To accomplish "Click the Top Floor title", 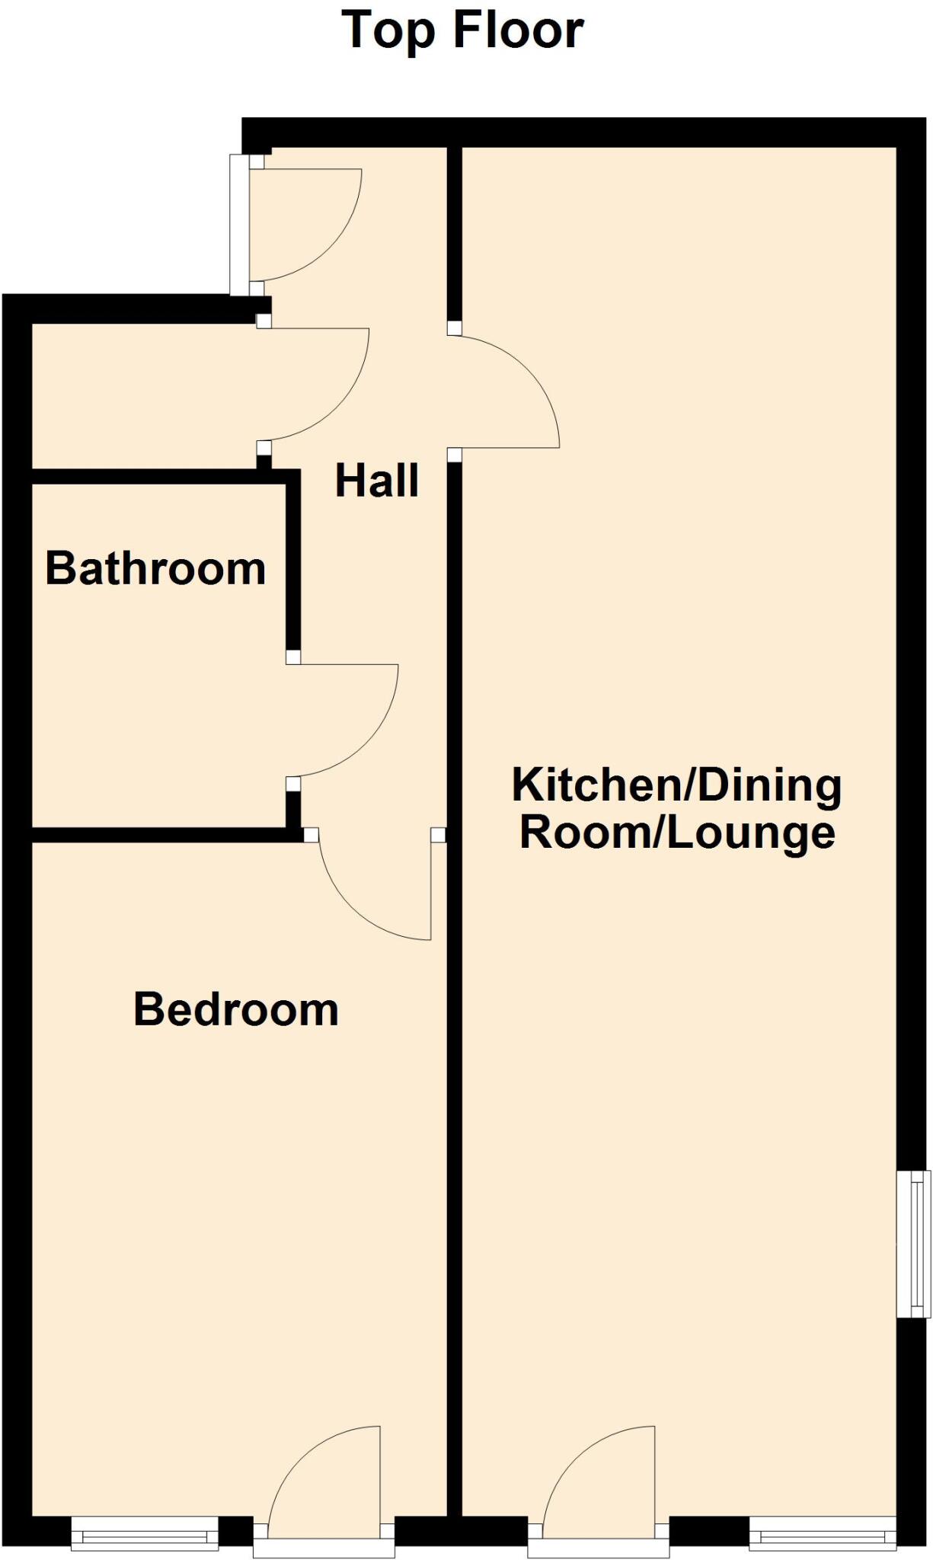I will tap(462, 30).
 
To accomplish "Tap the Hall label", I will tap(377, 481).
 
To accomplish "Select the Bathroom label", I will tap(155, 568).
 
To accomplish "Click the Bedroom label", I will tap(236, 1009).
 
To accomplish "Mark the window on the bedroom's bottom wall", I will tap(145, 1532).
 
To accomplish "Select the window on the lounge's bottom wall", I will tap(823, 1532).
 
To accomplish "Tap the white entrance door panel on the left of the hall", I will tap(239, 225).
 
